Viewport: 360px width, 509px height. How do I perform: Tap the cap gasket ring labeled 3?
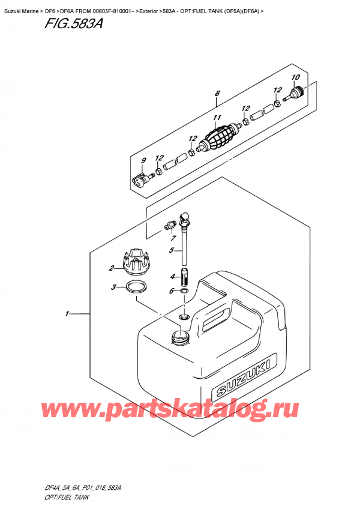point(137,286)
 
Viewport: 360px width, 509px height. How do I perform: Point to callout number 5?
point(172,250)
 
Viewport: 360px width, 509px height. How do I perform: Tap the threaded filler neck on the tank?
point(179,337)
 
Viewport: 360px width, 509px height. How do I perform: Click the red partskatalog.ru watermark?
point(180,411)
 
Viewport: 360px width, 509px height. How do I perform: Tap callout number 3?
point(113,288)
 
